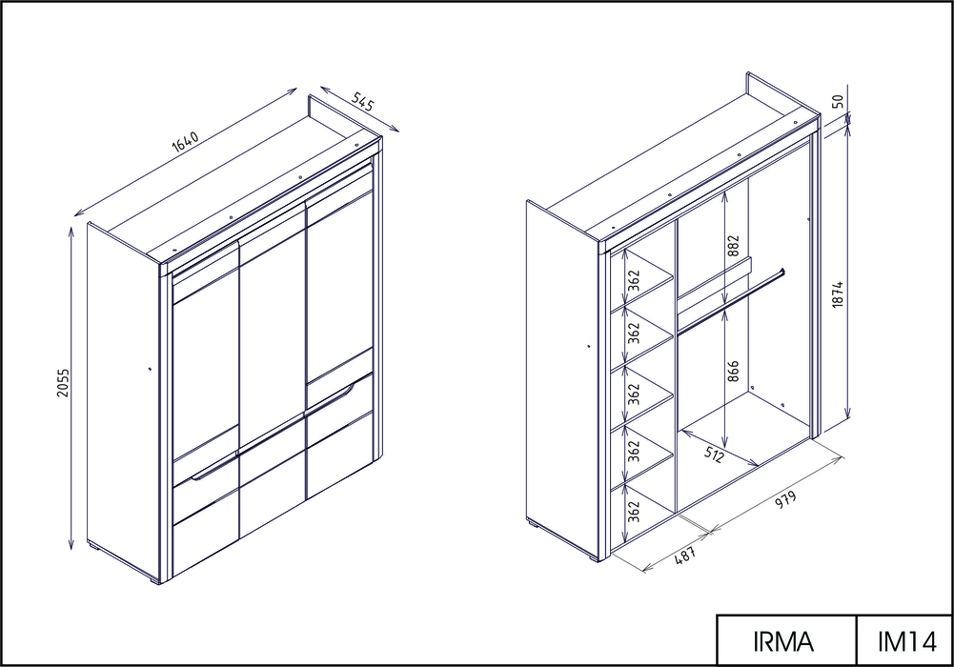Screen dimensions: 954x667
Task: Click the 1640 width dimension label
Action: click(x=186, y=141)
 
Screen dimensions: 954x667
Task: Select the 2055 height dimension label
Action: click(x=63, y=382)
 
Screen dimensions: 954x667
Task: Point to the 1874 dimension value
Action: click(x=838, y=294)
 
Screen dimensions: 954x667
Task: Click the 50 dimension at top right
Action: click(x=838, y=101)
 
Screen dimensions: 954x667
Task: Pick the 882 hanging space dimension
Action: click(x=733, y=246)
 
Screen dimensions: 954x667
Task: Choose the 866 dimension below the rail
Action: click(x=733, y=372)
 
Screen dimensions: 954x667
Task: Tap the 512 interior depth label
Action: click(x=714, y=453)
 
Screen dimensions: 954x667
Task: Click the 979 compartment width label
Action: click(x=784, y=500)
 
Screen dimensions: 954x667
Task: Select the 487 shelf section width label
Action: click(x=685, y=556)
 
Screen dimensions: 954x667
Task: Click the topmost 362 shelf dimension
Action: click(x=634, y=280)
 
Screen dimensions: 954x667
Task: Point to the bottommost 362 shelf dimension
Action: click(x=634, y=512)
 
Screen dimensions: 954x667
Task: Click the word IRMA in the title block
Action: click(x=783, y=642)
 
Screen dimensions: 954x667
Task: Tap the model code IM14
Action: click(x=906, y=642)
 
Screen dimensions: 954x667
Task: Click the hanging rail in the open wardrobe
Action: click(x=731, y=301)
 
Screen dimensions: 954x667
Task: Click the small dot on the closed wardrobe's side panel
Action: click(x=150, y=368)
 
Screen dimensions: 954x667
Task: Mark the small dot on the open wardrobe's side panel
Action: click(x=589, y=346)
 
